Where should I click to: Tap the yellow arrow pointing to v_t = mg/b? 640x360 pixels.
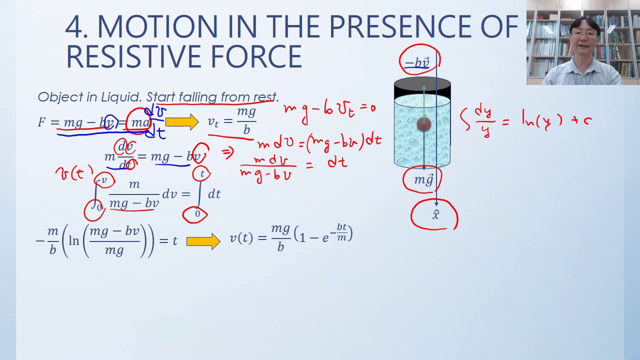[x=181, y=122]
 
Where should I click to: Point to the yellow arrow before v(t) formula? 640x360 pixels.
[x=202, y=241]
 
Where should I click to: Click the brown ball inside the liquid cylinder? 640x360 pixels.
[x=423, y=124]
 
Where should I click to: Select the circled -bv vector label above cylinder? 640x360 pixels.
[x=418, y=62]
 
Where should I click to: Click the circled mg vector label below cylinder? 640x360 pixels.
[x=423, y=180]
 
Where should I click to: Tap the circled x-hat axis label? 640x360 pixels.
[x=435, y=215]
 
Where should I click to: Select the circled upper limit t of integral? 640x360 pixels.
[x=202, y=173]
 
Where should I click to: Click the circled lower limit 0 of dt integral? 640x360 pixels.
[x=197, y=214]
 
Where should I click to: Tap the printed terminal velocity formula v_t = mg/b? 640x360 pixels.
[x=232, y=121]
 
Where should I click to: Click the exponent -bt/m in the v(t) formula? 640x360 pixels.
[x=341, y=232]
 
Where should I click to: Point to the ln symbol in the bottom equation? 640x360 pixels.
[x=74, y=240]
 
